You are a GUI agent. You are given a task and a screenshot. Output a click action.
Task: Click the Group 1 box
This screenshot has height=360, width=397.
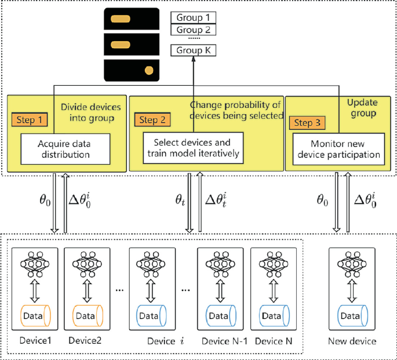point(193,17)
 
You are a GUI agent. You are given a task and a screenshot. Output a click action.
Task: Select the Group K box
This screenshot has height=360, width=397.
point(193,50)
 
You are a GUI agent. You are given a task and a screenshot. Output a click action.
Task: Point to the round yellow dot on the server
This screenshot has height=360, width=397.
point(149,71)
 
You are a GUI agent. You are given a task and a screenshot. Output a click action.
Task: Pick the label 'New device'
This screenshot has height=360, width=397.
point(352,341)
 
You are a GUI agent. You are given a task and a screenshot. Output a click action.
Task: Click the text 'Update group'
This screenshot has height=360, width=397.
point(362,107)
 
